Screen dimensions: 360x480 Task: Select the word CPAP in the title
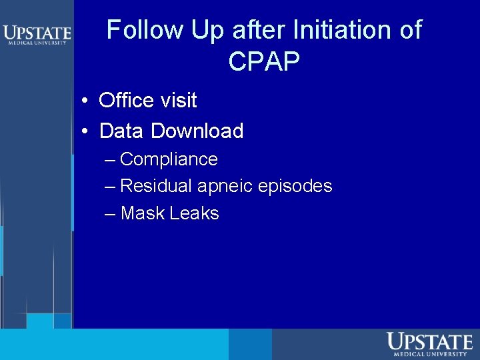264,61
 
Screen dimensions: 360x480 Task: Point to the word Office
127,101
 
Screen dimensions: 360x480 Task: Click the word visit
178,101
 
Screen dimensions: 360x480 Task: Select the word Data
122,131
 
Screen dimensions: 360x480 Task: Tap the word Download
197,131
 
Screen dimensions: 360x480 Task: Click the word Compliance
169,160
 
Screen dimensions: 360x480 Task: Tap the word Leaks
194,213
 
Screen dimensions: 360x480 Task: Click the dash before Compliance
110,161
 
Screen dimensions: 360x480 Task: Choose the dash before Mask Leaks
110,214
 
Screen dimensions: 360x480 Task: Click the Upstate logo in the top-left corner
37,34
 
